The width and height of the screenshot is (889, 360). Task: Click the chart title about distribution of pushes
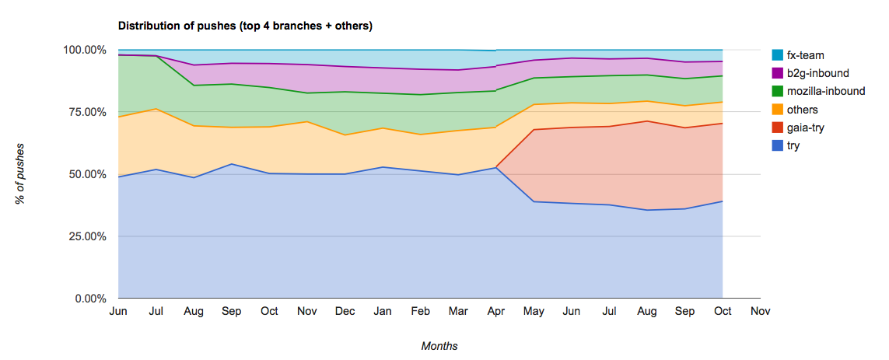tap(245, 26)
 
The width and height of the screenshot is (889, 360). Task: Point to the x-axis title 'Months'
tap(439, 346)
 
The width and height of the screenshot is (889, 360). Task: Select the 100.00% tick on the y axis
tap(84, 50)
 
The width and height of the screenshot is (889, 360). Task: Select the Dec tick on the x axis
tap(345, 312)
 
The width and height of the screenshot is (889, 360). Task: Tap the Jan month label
tap(383, 312)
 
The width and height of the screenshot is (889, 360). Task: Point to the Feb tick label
tap(420, 312)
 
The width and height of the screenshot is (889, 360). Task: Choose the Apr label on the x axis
tap(495, 312)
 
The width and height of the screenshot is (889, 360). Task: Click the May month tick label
tap(534, 312)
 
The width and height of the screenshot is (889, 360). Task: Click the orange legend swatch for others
tap(776, 110)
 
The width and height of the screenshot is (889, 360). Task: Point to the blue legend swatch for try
tap(776, 145)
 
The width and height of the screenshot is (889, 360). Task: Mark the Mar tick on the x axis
tap(458, 312)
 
